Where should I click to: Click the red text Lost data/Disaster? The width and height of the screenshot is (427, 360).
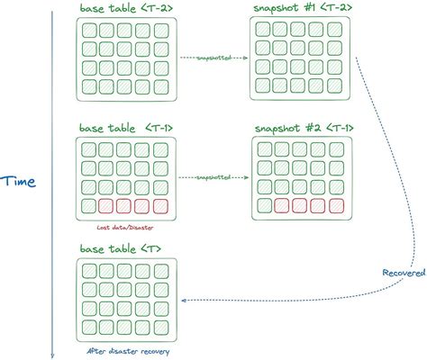[123, 227]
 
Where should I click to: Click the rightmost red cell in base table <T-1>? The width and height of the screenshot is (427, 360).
[160, 207]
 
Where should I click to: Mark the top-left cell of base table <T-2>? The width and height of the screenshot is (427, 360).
[88, 30]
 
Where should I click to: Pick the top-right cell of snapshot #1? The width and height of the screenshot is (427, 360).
[335, 30]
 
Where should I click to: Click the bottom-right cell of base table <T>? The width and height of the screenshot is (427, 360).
[159, 328]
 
